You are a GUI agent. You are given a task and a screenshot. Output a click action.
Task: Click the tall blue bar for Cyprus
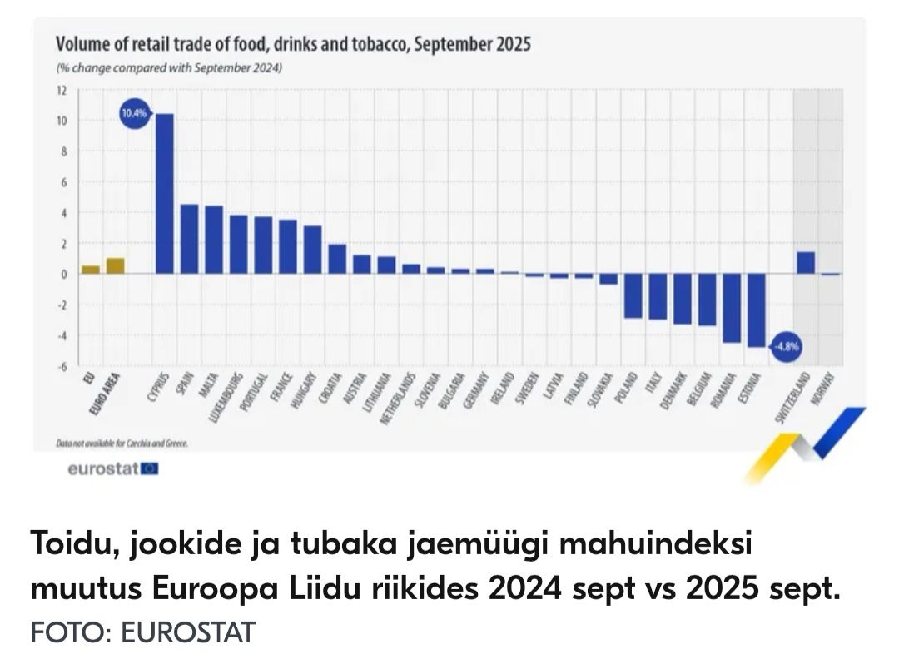[x=165, y=194]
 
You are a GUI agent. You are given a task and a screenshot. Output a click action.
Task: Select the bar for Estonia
[x=756, y=310]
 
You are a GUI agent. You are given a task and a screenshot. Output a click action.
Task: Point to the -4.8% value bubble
[x=787, y=347]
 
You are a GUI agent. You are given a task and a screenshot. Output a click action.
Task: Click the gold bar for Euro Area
[x=115, y=265]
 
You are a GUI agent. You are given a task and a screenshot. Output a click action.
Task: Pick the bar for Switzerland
[x=805, y=262]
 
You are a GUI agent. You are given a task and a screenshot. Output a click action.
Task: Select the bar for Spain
[x=189, y=239]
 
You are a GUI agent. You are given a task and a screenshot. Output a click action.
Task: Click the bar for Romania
[x=732, y=307]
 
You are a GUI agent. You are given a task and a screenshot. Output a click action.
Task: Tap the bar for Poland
[x=633, y=295]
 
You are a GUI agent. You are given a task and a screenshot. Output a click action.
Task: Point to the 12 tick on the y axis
[x=61, y=90]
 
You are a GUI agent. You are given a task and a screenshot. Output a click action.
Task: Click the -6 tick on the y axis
[x=61, y=366]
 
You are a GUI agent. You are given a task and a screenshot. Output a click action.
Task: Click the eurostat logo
[x=112, y=469]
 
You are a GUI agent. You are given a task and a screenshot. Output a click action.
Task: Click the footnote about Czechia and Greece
[x=122, y=443]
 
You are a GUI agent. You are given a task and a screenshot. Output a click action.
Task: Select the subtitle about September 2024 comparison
[x=169, y=68]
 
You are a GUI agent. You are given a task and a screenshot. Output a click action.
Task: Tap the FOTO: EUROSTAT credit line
[x=142, y=632]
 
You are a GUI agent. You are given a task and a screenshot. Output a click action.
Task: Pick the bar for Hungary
[x=312, y=250]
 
